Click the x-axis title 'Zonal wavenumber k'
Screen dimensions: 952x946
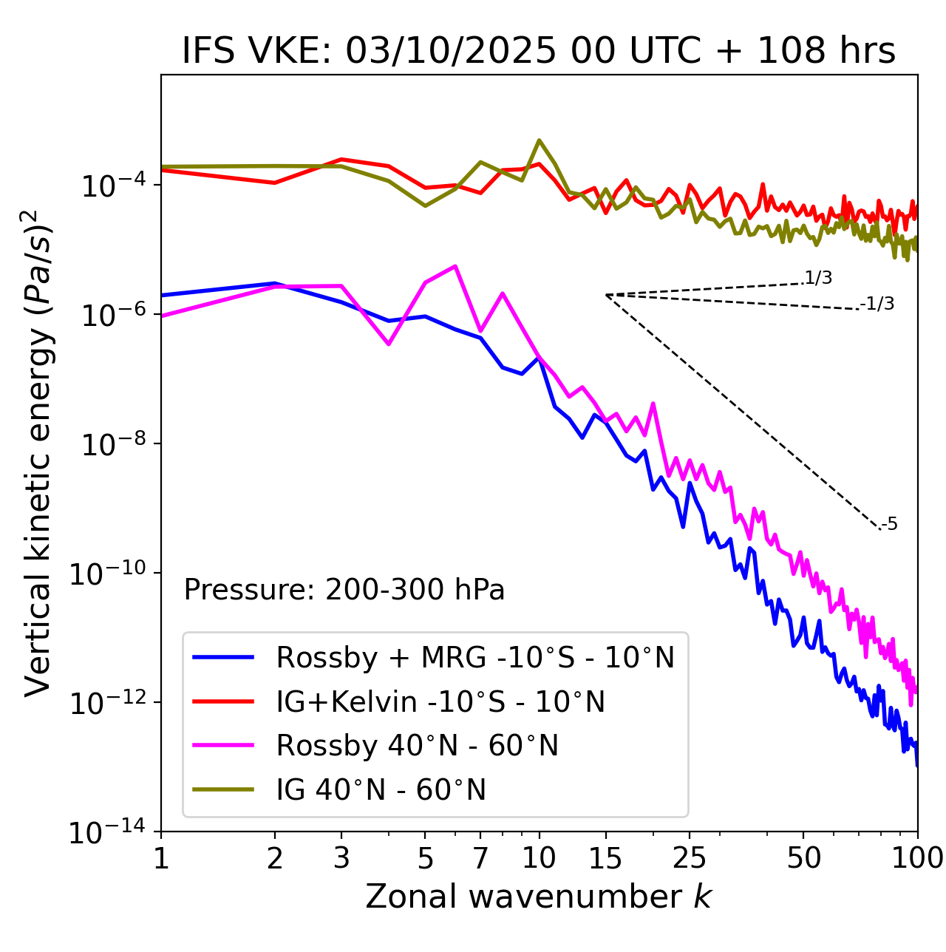coord(539,896)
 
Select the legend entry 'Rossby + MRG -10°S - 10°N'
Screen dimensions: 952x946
coord(475,657)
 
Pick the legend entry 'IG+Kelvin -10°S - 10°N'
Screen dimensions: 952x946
coord(440,701)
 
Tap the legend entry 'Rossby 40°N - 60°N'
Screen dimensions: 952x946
coord(417,746)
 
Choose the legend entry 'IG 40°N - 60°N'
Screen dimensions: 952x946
coord(381,790)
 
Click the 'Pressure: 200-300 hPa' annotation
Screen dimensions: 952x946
coord(344,590)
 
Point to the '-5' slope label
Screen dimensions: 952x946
coord(889,524)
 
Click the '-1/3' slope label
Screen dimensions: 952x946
coord(877,304)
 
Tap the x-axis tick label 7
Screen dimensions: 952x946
coord(480,858)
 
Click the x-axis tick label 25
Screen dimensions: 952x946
coord(690,858)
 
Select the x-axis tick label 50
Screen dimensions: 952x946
coord(804,858)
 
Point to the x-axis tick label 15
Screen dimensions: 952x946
coord(605,858)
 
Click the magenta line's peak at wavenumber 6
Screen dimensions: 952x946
coord(455,265)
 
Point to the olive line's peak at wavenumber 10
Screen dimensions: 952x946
coord(540,140)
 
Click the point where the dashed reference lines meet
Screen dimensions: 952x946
coord(606,295)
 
